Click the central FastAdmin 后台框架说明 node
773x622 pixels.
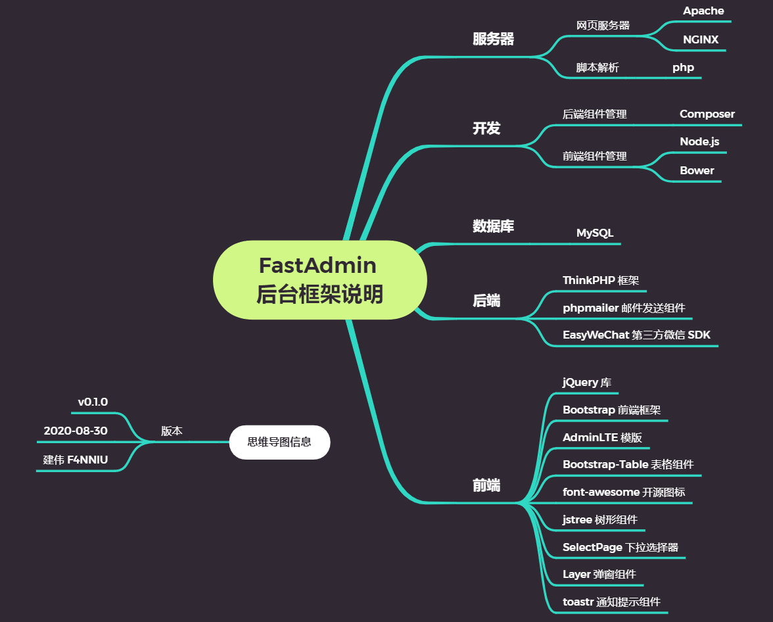pos(319,279)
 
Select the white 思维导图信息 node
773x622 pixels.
pos(279,442)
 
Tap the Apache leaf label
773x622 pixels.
pos(703,11)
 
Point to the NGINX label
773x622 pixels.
pos(701,39)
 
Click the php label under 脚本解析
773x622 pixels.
pos(683,67)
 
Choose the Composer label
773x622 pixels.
pos(707,114)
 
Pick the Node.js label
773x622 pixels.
pos(699,142)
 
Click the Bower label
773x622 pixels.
pos(697,170)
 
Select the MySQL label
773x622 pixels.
pos(595,233)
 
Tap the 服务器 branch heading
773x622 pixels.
pos(493,39)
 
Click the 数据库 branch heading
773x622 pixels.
pos(493,226)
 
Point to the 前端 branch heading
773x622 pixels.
pos(486,486)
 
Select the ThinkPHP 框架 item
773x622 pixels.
pos(601,280)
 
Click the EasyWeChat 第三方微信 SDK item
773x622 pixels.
pos(636,335)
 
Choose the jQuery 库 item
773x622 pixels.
pos(587,382)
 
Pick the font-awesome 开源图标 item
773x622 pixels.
pos(624,492)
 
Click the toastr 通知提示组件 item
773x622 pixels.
pos(611,602)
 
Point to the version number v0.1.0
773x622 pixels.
pos(93,402)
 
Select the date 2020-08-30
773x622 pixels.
pos(76,431)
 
